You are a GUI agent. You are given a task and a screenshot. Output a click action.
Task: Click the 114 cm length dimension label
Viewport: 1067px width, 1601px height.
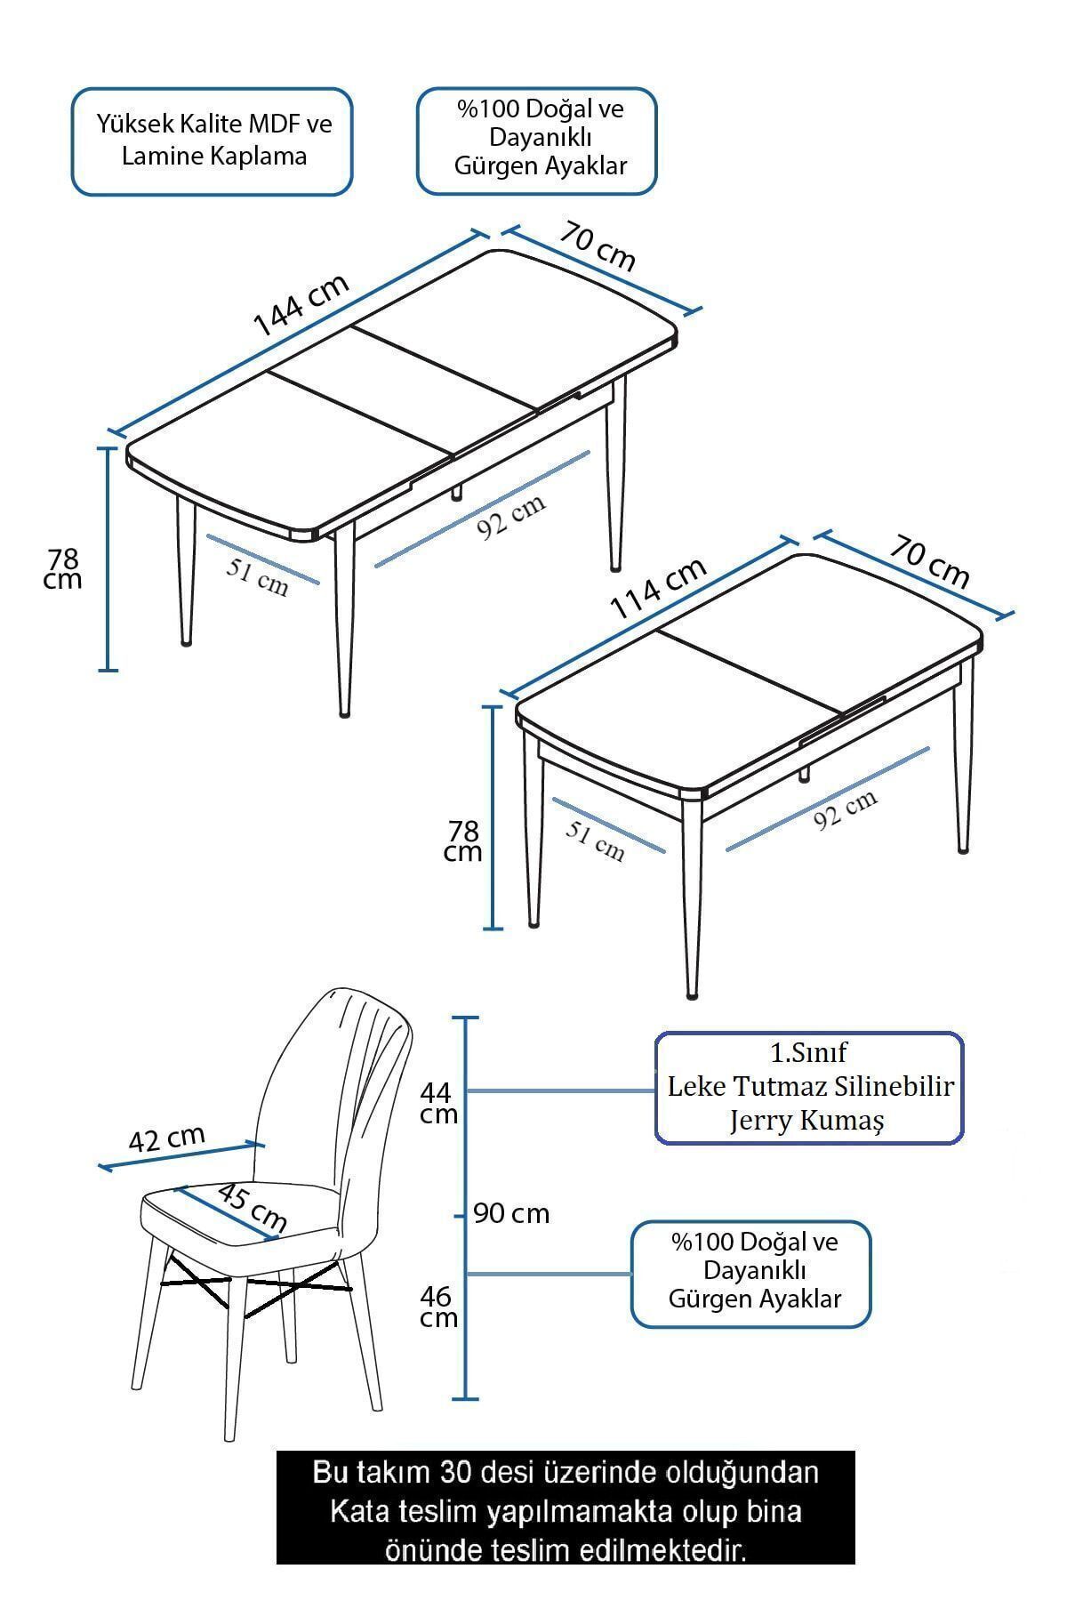659,588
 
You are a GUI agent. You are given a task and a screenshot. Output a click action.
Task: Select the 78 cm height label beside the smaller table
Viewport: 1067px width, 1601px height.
463,841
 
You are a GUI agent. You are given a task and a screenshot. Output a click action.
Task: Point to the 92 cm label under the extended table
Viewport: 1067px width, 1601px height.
511,517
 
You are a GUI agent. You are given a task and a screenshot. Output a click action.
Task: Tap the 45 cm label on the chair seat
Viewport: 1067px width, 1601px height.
252,1207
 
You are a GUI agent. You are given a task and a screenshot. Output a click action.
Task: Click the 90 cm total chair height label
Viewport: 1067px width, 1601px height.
511,1213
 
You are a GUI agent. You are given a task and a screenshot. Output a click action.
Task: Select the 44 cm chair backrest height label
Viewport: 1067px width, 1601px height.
438,1102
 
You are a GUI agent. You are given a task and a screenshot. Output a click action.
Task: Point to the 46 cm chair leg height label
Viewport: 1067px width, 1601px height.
438,1306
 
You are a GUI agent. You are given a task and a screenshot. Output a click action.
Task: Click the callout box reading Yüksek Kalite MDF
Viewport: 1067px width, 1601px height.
213,141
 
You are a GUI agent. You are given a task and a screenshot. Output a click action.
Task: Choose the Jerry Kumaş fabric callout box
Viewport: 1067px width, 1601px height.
809,1087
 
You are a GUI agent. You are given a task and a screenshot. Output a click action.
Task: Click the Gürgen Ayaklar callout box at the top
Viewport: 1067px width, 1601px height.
537,141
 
